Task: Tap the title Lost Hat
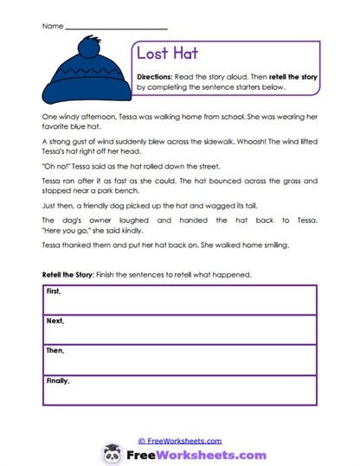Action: [167, 54]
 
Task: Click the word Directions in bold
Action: [157, 77]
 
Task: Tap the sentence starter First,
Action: [53, 291]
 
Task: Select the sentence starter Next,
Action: [54, 321]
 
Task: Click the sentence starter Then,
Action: [54, 350]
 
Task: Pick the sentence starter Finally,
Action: [57, 380]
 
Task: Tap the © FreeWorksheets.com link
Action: [178, 440]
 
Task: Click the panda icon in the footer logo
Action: [111, 454]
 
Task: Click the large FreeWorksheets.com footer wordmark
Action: [193, 455]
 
